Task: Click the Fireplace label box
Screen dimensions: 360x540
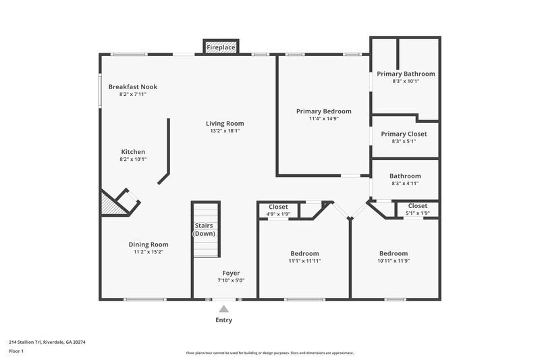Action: pos(221,48)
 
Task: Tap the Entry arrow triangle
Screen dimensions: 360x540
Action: pos(223,309)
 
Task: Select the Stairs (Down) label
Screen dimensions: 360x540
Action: pos(205,229)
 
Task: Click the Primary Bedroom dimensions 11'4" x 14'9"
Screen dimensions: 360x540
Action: pos(323,119)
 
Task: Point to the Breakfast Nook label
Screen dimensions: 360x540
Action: pos(133,86)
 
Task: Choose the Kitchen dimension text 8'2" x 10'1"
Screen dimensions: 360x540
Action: pos(133,159)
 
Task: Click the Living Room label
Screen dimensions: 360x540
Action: pos(225,123)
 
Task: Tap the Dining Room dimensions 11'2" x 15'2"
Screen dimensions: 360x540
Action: pos(148,252)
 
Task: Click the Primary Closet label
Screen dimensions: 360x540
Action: pos(404,134)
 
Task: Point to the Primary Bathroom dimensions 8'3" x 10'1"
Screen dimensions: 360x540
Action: pos(406,81)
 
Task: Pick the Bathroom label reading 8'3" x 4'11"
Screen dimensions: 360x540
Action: pos(405,183)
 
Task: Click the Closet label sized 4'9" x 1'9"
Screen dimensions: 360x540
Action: pos(278,214)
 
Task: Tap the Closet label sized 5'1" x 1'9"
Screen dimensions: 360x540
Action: pos(417,213)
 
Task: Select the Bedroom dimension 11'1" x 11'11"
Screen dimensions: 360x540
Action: pos(304,261)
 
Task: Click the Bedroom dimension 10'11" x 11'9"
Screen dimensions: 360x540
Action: pos(393,261)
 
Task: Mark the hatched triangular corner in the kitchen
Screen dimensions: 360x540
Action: pos(111,205)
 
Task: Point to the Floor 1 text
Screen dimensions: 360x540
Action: pos(16,351)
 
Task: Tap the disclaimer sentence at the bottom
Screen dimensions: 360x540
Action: pos(269,353)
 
